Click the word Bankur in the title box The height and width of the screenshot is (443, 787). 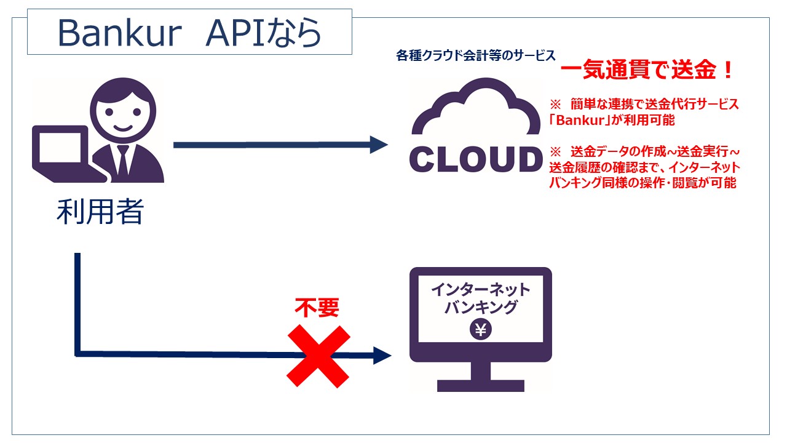pos(119,33)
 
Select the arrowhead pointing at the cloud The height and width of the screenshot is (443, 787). pos(379,145)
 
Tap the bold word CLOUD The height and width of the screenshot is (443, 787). pos(476,159)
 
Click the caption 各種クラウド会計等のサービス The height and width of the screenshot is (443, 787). pos(476,55)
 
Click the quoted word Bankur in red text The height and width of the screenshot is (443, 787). pos(580,120)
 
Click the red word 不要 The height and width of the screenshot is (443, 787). pos(317,308)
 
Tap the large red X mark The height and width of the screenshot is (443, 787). pos(318,356)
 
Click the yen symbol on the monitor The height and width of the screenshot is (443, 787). pos(481,329)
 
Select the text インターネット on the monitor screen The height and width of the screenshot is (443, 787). pos(481,290)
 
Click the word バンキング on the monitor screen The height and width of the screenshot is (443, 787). pos(481,307)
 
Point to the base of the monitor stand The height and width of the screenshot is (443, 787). pos(481,386)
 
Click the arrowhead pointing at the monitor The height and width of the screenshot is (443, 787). pos(382,356)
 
